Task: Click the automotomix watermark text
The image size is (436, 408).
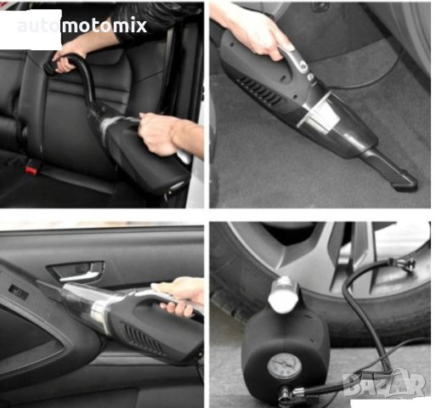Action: tap(82, 26)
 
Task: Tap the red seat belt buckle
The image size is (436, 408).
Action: tap(31, 169)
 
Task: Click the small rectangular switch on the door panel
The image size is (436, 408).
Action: tap(18, 292)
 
